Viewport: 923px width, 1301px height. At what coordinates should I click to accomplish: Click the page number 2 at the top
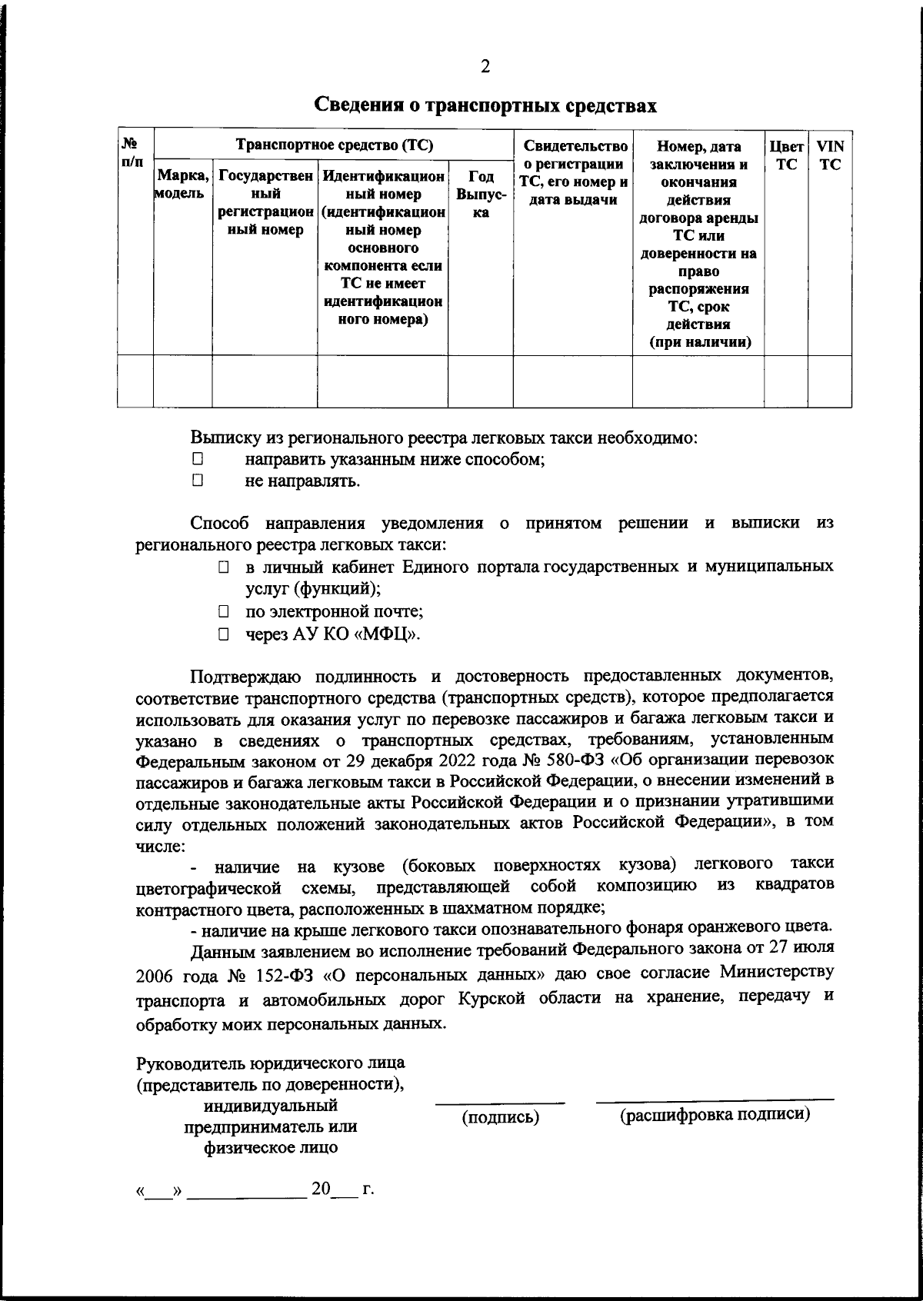pyautogui.click(x=485, y=67)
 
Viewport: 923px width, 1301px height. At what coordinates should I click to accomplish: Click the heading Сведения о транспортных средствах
pyautogui.click(x=485, y=105)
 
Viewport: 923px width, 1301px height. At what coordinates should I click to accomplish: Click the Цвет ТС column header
pyautogui.click(x=785, y=155)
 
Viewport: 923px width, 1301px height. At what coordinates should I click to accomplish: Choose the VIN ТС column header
pyautogui.click(x=829, y=155)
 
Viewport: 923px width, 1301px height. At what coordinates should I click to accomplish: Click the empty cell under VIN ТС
pyautogui.click(x=829, y=381)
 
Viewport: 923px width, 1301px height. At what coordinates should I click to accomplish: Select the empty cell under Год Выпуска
pyautogui.click(x=480, y=381)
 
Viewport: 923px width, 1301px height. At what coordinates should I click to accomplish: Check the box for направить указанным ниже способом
pyautogui.click(x=198, y=460)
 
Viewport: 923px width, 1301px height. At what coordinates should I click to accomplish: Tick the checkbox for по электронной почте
pyautogui.click(x=223, y=613)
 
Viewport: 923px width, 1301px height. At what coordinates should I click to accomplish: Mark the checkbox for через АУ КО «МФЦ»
pyautogui.click(x=223, y=635)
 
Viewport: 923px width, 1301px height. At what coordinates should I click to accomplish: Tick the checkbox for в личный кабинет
pyautogui.click(x=223, y=568)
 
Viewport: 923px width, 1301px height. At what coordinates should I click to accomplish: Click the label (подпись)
pyautogui.click(x=500, y=1117)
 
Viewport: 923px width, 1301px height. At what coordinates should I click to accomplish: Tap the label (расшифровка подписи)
pyautogui.click(x=715, y=1115)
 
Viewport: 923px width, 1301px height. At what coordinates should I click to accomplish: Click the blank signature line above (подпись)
pyautogui.click(x=500, y=1102)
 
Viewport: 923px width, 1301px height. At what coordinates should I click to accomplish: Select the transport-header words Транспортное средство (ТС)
pyautogui.click(x=334, y=145)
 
